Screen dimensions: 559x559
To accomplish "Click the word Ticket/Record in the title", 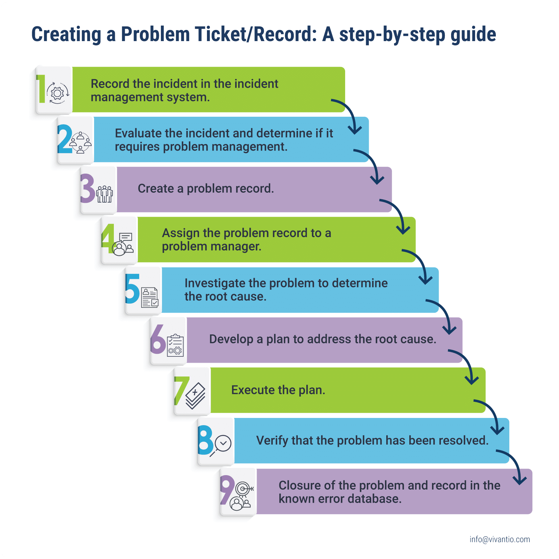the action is click(256, 34).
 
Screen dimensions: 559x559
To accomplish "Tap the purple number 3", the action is click(88, 188).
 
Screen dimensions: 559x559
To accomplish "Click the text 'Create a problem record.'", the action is click(206, 189).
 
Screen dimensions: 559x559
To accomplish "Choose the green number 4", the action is click(108, 239).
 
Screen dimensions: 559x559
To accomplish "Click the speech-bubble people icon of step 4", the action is click(123, 244).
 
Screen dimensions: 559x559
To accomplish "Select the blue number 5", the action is click(132, 289).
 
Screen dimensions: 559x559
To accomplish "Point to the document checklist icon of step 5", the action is click(150, 297).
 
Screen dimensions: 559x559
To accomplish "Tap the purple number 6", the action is click(158, 339).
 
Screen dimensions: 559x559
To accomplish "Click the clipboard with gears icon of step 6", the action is click(175, 345).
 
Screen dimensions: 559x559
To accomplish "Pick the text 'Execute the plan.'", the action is click(278, 390).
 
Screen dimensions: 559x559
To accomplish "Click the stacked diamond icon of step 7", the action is click(195, 396).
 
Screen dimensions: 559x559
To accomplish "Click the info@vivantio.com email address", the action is click(500, 540).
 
